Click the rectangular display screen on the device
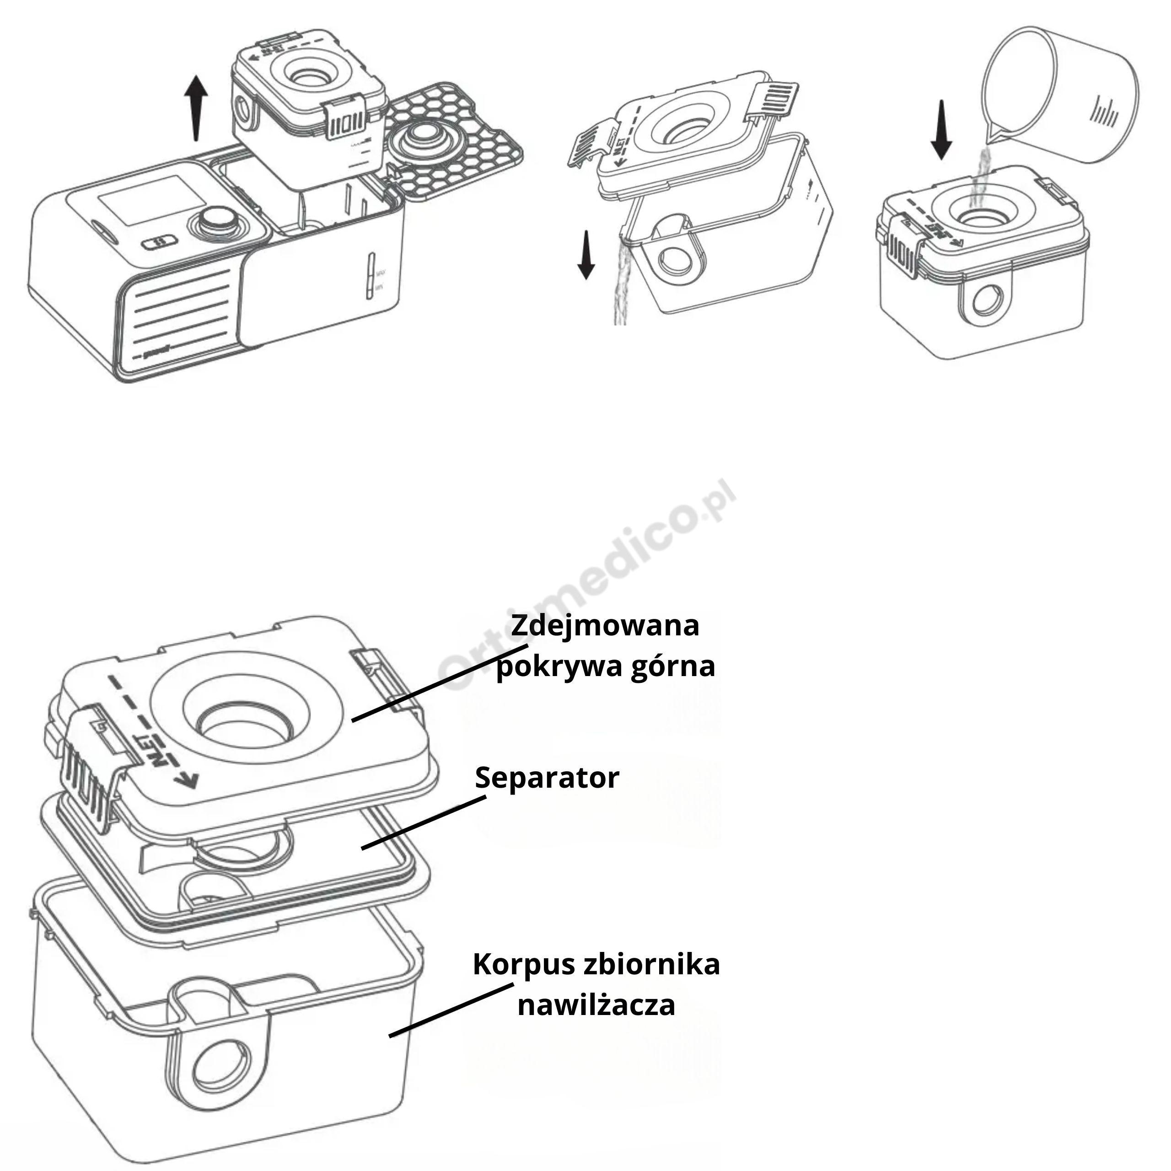click(x=151, y=200)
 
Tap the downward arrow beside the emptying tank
click(x=585, y=255)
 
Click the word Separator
click(x=547, y=778)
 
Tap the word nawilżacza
click(x=596, y=1005)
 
